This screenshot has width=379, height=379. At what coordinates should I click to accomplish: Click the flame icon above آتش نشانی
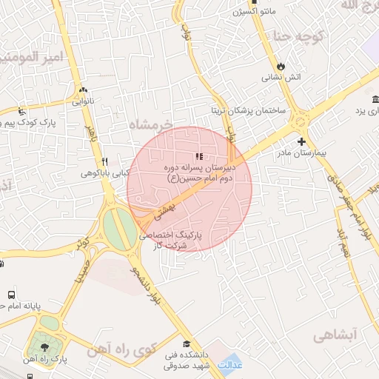coord(280,65)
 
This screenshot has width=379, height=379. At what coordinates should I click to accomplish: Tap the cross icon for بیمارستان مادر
coord(301,141)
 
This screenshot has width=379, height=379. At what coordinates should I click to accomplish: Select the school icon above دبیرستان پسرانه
coord(198,156)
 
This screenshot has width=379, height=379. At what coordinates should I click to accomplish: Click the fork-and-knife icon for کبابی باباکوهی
coord(105,161)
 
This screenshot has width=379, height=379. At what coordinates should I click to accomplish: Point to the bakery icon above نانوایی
coord(82,90)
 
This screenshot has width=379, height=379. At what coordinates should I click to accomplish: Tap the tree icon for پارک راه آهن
coord(46,346)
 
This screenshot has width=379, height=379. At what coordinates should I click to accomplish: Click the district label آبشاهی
coord(335,335)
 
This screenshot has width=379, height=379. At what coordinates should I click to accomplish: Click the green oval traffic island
coord(115,229)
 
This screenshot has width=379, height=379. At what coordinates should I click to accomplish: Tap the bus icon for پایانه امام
coord(10,294)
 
